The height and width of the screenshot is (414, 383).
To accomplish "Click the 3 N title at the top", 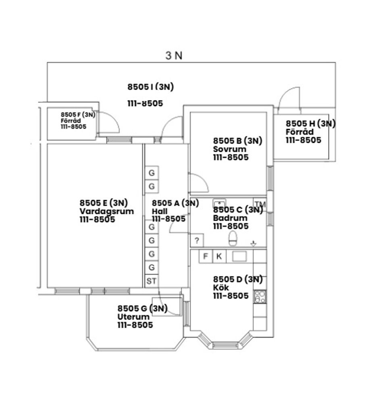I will tap(174, 56).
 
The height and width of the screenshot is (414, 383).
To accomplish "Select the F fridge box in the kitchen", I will tap(206, 256).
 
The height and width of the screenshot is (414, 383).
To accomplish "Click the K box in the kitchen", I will tap(219, 256).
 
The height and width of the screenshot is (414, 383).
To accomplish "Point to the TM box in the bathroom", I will tap(260, 204).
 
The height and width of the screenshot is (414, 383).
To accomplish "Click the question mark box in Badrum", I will tap(197, 241).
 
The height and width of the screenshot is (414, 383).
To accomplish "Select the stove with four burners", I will tap(260, 297).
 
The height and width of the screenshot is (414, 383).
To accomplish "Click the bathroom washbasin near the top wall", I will tap(219, 203).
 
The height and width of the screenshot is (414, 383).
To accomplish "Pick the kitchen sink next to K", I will tap(239, 256).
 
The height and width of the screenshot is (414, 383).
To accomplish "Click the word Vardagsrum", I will tap(106, 211).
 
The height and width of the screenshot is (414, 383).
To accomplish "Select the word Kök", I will tap(221, 288).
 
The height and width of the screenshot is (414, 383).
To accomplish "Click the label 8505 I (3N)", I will tap(150, 86).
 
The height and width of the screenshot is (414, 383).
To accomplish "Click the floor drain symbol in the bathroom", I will tap(253, 243).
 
